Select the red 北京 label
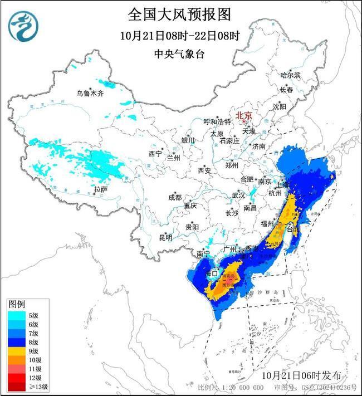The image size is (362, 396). pos(244,116)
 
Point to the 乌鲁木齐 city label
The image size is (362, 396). pos(90,94)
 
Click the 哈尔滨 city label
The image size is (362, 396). pos(290,75)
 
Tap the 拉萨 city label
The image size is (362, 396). pos(100,190)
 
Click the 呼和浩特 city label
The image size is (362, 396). pos(217,121)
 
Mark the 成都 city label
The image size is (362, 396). pos(174,197)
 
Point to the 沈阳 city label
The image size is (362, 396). pos(279,106)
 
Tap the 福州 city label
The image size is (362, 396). pos(267,223)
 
